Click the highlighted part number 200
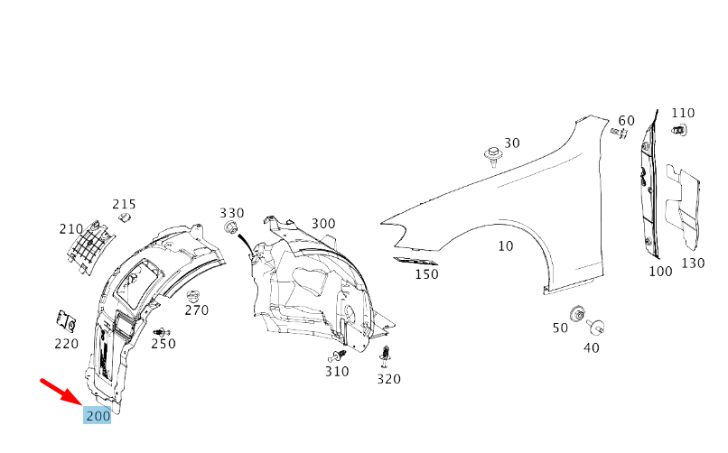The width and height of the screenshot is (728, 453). [98, 416]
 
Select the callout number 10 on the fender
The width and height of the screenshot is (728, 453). [505, 245]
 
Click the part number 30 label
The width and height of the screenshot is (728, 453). [512, 143]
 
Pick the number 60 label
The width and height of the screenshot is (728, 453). [626, 121]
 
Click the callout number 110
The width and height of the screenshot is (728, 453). [683, 113]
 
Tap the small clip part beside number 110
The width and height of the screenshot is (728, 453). [678, 132]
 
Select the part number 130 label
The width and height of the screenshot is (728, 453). [693, 263]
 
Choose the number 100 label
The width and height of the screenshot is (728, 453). [660, 271]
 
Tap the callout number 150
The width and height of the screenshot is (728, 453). [426, 274]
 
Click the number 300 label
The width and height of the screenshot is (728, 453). [323, 224]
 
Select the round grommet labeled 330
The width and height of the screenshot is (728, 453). [231, 226]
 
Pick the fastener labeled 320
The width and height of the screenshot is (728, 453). [387, 354]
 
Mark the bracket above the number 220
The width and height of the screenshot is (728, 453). [64, 320]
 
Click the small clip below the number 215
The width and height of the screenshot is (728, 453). [126, 217]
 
